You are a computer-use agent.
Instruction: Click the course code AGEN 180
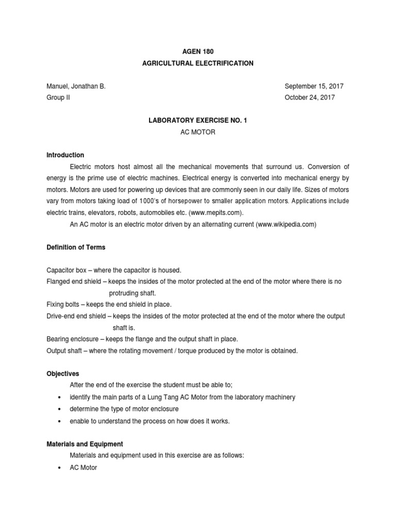tap(198, 52)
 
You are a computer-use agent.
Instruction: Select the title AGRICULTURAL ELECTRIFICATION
tap(198, 63)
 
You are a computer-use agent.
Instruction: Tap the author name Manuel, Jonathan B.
tap(76, 87)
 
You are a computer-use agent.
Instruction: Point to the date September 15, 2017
tap(314, 87)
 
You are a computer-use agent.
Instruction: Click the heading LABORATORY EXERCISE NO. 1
tap(198, 121)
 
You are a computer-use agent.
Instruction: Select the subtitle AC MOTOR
tap(198, 132)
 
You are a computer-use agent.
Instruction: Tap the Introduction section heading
tap(65, 155)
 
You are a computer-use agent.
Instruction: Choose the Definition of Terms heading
tap(76, 247)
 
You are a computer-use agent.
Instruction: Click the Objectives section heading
tap(63, 374)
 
